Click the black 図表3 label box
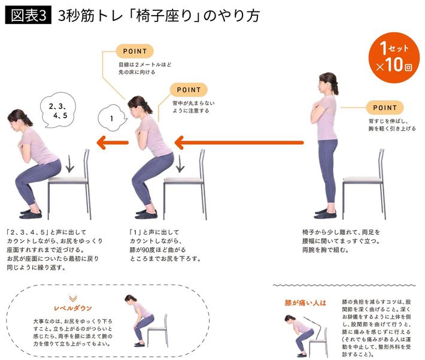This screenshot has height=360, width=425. pos(28,16)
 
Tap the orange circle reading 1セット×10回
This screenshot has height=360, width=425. pos(394,58)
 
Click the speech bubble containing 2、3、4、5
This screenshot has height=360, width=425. pos(58,110)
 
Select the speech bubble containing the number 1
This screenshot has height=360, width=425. pos(112,118)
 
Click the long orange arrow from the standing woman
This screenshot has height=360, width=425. pos(239,143)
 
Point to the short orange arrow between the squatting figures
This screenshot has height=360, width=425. pos(113,143)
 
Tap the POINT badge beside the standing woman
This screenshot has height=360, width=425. pos(385,108)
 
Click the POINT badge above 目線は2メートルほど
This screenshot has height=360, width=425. pos(135,52)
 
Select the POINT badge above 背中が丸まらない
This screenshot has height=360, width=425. pos(189,90)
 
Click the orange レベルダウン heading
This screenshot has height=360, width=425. pos(73,308)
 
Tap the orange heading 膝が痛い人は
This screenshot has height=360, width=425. pos(305,302)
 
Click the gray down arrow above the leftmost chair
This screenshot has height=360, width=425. pos(69,164)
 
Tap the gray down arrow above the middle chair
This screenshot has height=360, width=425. pos(180,164)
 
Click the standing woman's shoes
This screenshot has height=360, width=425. pos(326,213)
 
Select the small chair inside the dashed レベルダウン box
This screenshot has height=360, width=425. pos(157,330)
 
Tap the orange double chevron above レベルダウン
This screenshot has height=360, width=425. pos(73,299)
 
